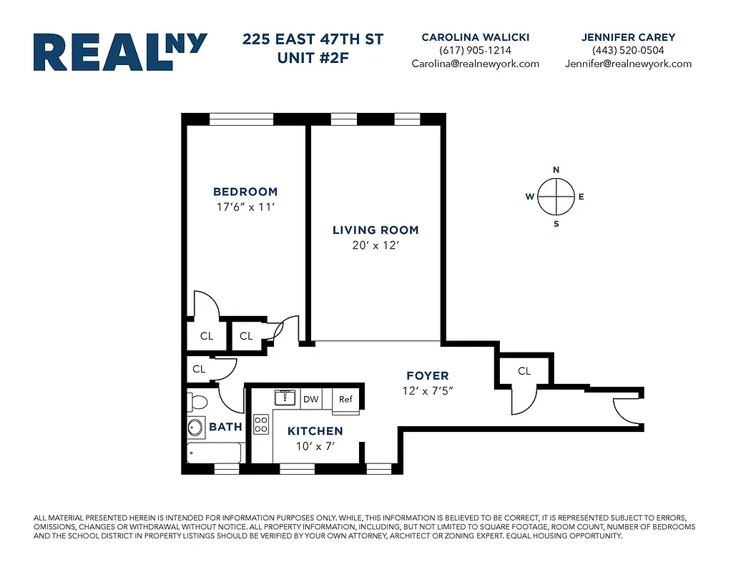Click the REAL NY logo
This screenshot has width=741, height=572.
(x=120, y=51)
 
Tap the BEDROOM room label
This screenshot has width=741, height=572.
(x=245, y=192)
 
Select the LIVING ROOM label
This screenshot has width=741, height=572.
(x=376, y=230)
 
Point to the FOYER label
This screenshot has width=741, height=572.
(x=427, y=376)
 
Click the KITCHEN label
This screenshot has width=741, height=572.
(x=315, y=431)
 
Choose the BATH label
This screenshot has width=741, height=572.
(x=225, y=428)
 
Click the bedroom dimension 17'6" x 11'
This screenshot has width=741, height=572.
(x=245, y=208)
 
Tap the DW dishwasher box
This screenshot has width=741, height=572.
(x=310, y=400)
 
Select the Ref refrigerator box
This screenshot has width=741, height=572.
(x=346, y=400)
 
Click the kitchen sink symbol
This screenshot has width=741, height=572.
(x=285, y=398)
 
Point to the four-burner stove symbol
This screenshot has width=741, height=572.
(x=262, y=425)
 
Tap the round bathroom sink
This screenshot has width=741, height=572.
(x=195, y=428)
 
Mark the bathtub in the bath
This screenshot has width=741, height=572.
(x=214, y=453)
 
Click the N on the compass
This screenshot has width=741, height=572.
(x=556, y=169)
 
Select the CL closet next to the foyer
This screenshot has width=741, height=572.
(x=524, y=371)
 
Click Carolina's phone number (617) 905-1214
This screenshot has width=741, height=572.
(x=475, y=50)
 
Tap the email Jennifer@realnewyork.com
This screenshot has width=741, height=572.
(x=628, y=63)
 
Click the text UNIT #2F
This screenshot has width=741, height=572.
(x=314, y=57)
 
